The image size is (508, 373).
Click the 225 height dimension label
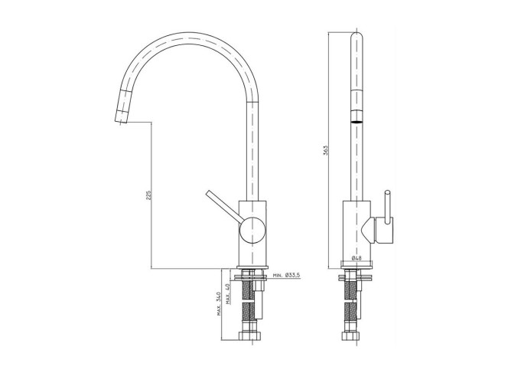[x=148, y=195]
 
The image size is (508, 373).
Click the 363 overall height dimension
[x=326, y=150]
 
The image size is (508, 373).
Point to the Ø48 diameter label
[x=357, y=258]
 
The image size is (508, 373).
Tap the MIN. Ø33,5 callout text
[x=287, y=275]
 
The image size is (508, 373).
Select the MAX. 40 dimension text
[x=228, y=293]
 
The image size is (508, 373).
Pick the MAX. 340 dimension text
[x=219, y=303]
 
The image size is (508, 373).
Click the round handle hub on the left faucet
[x=252, y=231]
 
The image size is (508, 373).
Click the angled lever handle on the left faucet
[x=224, y=207]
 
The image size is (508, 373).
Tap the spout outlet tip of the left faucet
[x=120, y=121]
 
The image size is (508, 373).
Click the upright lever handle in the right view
[x=387, y=207]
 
